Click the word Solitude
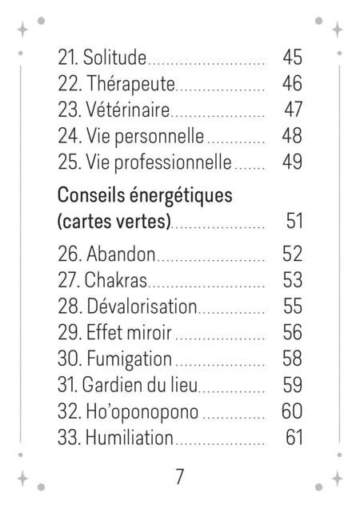(114, 58)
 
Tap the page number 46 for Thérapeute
(292, 83)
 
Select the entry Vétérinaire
(127, 110)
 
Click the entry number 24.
(69, 136)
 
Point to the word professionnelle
(173, 162)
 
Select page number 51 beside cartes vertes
(294, 221)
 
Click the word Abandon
(121, 254)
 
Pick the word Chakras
(115, 280)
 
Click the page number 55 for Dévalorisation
(293, 306)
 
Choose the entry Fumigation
(129, 359)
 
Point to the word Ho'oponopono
(142, 412)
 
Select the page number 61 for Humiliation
(294, 437)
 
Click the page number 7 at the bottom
(180, 476)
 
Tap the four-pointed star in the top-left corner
(22, 30)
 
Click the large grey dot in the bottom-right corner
(318, 487)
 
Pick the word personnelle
(159, 137)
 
